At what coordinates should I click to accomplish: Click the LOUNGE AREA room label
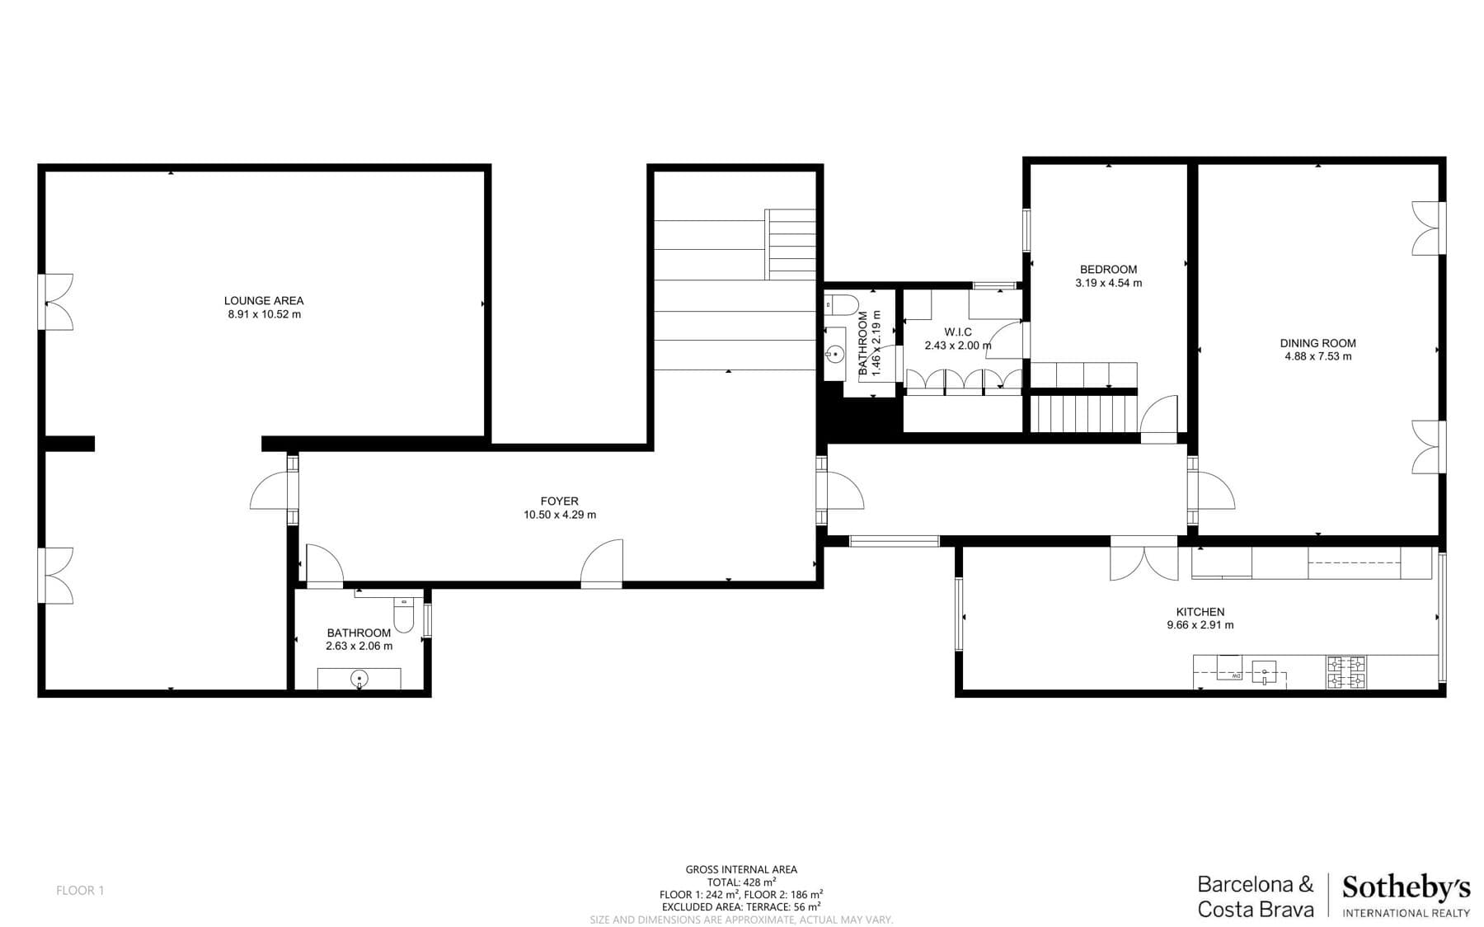click(264, 301)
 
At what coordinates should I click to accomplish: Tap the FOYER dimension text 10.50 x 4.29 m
click(559, 515)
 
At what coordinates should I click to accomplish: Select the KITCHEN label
click(1200, 612)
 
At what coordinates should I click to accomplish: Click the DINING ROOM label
click(1317, 343)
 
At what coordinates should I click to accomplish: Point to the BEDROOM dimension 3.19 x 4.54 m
click(1108, 283)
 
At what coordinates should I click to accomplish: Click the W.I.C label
click(958, 332)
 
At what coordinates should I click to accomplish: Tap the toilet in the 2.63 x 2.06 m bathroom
click(403, 614)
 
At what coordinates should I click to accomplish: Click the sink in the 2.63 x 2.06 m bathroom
click(359, 679)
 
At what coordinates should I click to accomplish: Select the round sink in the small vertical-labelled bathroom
click(834, 355)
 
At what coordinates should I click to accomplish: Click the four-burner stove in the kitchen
click(1345, 672)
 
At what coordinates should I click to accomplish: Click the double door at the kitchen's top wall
click(1144, 558)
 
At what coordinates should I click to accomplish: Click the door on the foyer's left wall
click(272, 490)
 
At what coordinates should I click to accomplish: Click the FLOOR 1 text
click(80, 890)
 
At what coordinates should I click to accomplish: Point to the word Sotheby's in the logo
click(1406, 888)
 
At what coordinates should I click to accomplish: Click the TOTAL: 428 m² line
click(741, 882)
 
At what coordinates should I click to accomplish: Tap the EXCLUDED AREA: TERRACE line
click(741, 906)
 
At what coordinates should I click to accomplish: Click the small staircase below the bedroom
click(1084, 413)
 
